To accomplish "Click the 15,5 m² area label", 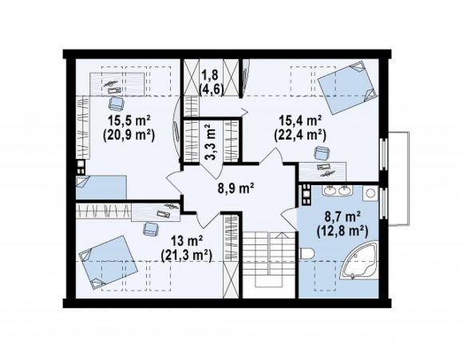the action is click(x=129, y=121).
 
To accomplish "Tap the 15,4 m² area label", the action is click(x=301, y=121).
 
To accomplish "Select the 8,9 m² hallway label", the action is click(x=236, y=188).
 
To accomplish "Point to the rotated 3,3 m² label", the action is click(x=211, y=142).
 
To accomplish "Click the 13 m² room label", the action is click(x=187, y=241).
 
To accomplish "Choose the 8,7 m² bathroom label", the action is click(x=342, y=217).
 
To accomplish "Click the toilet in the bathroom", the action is click(x=307, y=254).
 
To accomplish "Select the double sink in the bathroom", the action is click(x=337, y=191).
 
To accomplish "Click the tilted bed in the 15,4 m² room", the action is click(x=347, y=88).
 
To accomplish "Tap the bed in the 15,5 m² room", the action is click(x=101, y=188).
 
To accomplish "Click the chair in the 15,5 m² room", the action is click(x=117, y=103).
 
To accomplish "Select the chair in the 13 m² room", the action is click(x=151, y=229).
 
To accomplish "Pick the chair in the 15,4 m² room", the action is click(x=322, y=153).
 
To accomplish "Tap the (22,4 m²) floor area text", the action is click(x=300, y=135).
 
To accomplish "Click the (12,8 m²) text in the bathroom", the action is click(x=342, y=231).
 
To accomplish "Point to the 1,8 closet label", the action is click(x=210, y=75).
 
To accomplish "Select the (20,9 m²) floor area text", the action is click(x=129, y=135).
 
